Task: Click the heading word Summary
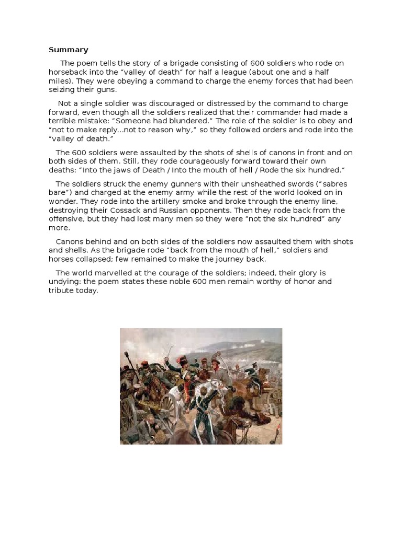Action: (69, 50)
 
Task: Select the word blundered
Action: (179, 121)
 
